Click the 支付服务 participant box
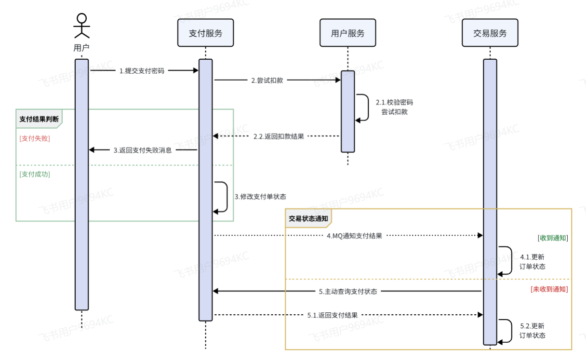[x=205, y=33]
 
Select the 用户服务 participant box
[x=347, y=33]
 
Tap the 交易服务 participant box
[x=490, y=33]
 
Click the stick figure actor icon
[x=81, y=26]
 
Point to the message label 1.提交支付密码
[x=142, y=71]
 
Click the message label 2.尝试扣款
[x=267, y=80]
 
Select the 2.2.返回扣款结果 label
[x=279, y=136]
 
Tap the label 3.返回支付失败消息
[x=143, y=150]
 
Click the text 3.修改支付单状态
[x=260, y=197]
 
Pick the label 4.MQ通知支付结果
[x=354, y=236]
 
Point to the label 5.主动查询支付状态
[x=348, y=292]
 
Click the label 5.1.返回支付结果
[x=333, y=315]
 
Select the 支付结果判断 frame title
[x=40, y=119]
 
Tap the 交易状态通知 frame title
[x=308, y=218]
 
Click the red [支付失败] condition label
[x=35, y=138]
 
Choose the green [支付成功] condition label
[x=35, y=174]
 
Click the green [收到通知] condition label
[x=552, y=238]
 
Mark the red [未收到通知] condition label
[x=549, y=290]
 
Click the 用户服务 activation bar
[x=347, y=111]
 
